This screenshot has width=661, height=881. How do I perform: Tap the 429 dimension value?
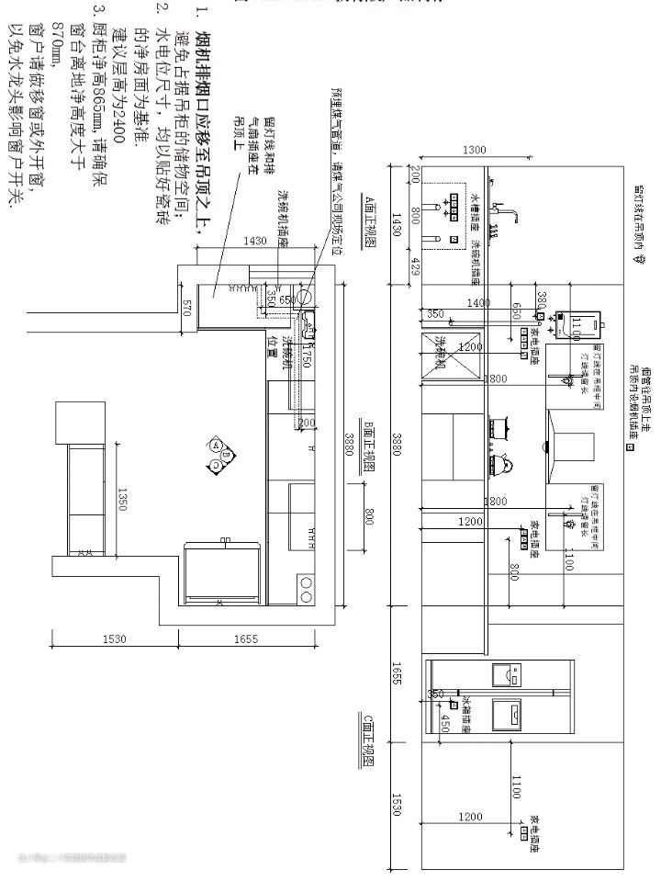pos(415,266)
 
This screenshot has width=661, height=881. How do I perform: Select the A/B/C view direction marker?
pos(221,455)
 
